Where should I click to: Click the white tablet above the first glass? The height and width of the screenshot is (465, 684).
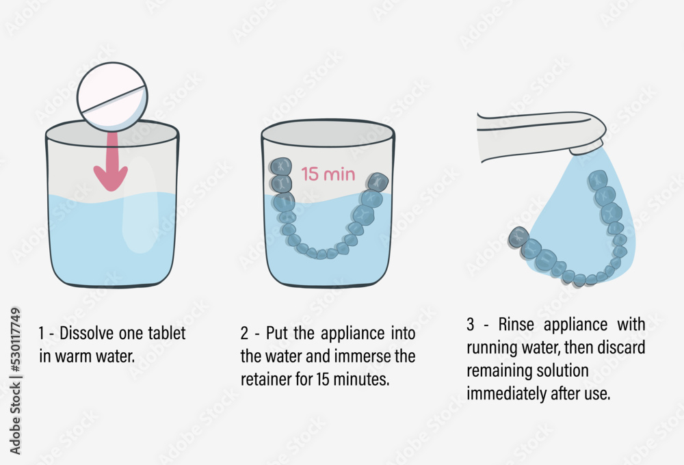pos(111,96)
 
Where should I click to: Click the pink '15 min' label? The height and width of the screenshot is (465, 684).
pos(328,174)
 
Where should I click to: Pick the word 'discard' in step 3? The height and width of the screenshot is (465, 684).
pos(620,347)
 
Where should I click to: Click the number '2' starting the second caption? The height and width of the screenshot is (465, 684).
pos(244,334)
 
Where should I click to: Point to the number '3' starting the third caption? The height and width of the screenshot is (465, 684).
pos(471,323)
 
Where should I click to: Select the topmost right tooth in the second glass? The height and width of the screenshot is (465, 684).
pos(378,182)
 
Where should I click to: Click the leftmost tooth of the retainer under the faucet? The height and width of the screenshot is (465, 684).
pos(518,237)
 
